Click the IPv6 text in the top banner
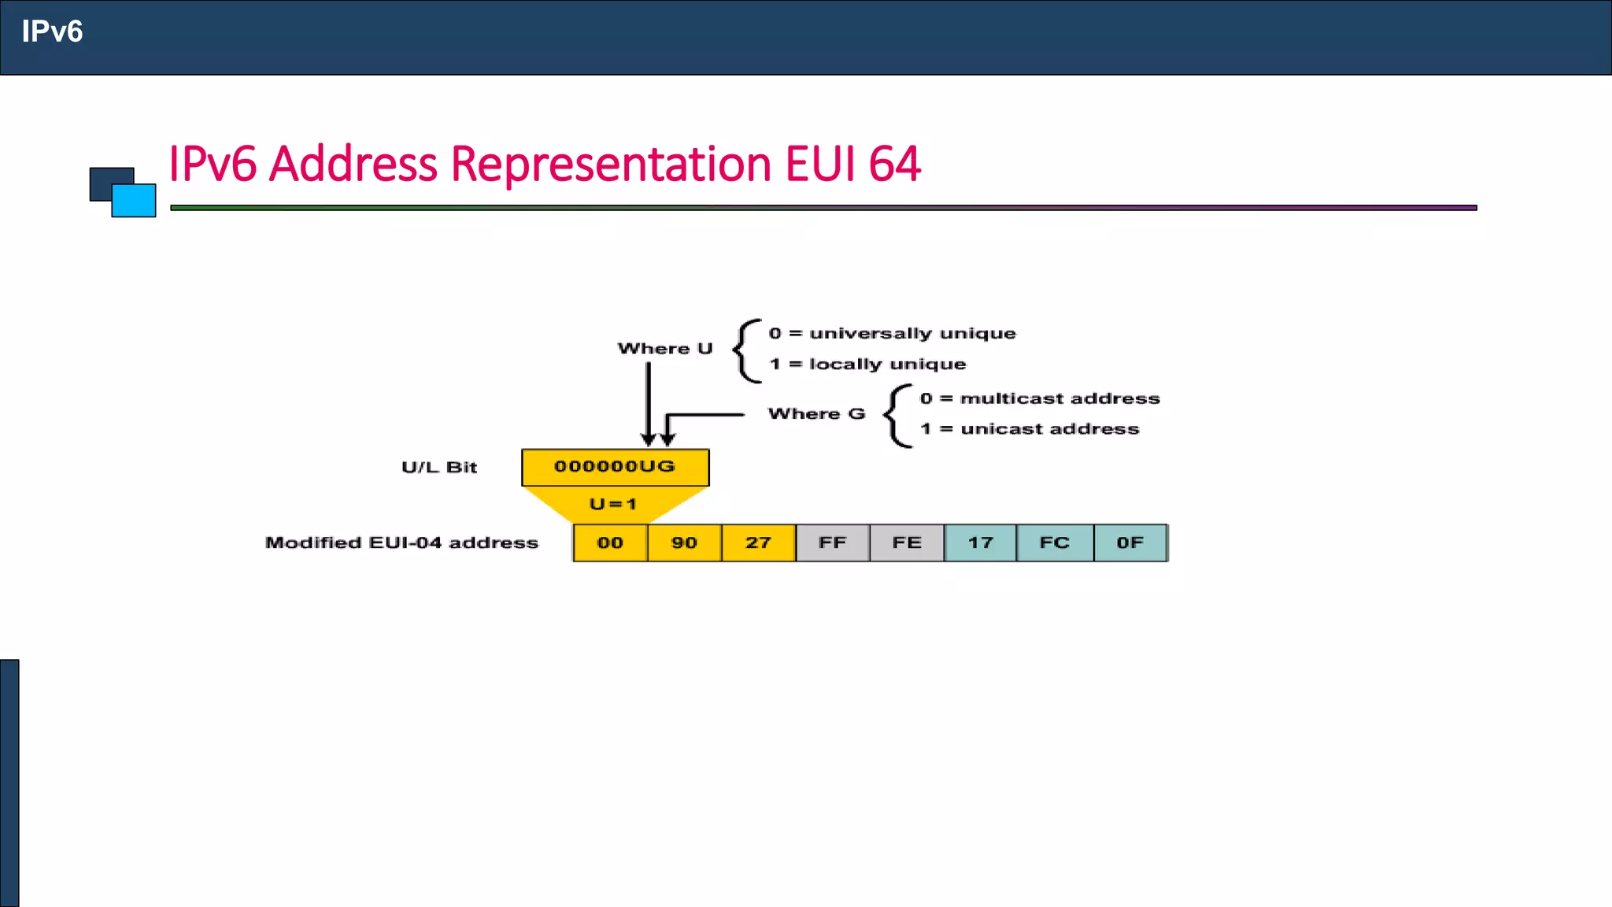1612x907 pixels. pos(52,31)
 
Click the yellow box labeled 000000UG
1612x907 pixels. pos(615,467)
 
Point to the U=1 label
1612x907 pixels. pos(612,504)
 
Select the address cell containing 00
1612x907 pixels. pos(610,542)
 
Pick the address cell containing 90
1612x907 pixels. pos(684,542)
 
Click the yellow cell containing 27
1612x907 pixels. pos(758,542)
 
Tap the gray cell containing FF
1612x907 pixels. pos(832,542)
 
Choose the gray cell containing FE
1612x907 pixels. pos(906,542)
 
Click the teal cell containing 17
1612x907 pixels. pos(980,542)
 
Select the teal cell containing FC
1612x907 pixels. pos(1055,542)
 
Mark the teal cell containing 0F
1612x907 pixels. pos(1130,542)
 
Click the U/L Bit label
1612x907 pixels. pos(439,468)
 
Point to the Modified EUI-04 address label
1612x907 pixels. pos(401,543)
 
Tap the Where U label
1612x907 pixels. pos(665,349)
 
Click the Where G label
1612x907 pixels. pos(816,414)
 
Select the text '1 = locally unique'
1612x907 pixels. pos(867,365)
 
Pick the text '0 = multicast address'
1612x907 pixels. pos(1040,399)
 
